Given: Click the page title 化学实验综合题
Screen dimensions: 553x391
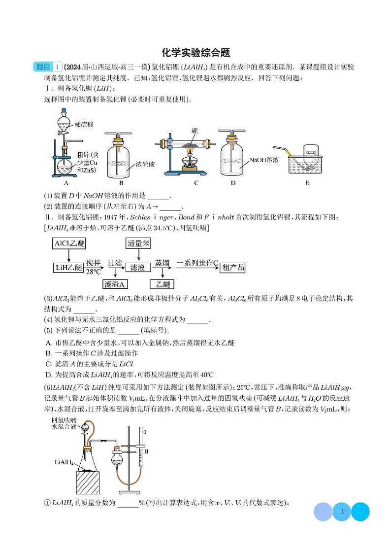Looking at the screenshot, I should coord(195,53).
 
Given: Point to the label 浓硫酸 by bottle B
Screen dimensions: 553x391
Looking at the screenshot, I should coord(145,165).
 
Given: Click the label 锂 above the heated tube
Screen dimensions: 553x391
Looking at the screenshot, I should coord(195,131).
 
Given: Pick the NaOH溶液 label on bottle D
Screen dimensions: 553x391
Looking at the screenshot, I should coord(264,160).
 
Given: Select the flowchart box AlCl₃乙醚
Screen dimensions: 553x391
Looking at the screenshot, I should coord(68,243).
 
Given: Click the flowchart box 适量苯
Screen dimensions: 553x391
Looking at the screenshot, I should coord(138,243).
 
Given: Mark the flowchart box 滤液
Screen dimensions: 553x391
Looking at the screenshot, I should coord(137,268).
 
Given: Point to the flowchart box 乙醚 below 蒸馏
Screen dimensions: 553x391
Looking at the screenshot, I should coord(163,284).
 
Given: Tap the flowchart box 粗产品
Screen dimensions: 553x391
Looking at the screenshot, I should coord(233,268).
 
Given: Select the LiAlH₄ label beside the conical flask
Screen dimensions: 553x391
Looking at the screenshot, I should coord(64,463).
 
